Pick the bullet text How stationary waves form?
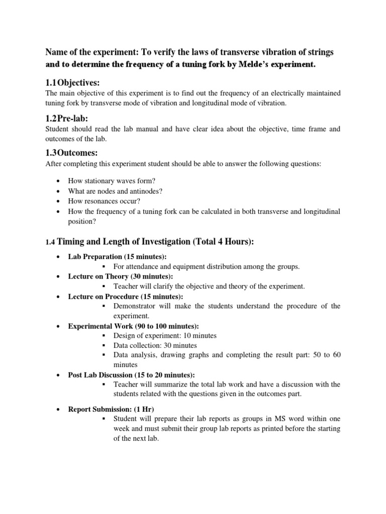110,181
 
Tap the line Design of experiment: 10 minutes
165,336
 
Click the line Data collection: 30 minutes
155,345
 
